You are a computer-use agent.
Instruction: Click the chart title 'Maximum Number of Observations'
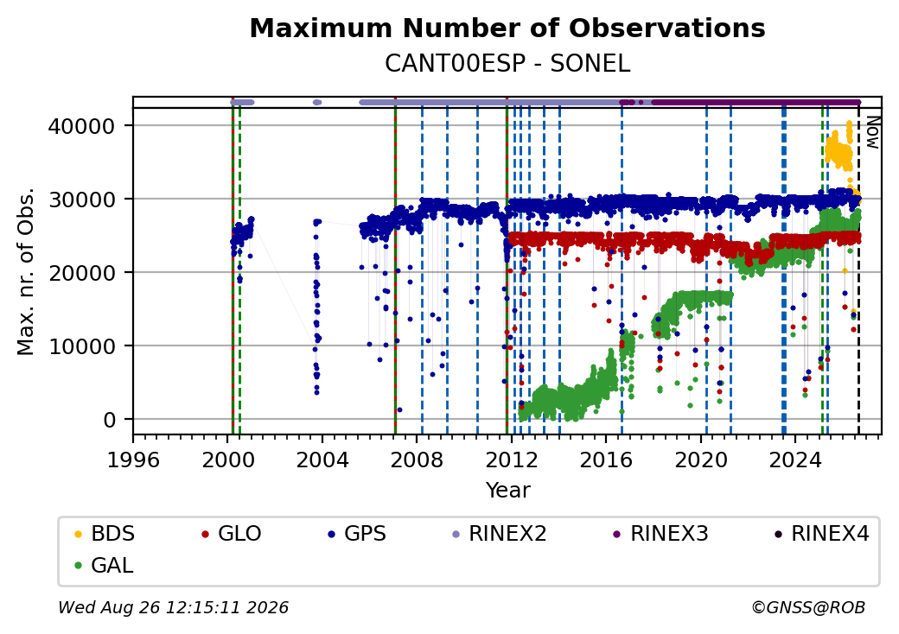tap(507, 28)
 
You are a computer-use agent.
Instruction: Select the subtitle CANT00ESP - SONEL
tap(507, 64)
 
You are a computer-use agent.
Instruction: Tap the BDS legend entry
tap(105, 534)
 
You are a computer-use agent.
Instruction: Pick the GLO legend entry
tap(232, 534)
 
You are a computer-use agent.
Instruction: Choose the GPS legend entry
tap(357, 534)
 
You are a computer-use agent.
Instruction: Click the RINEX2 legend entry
tap(500, 534)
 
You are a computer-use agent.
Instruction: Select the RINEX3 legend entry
tap(661, 534)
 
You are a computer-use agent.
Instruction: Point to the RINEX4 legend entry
tap(822, 534)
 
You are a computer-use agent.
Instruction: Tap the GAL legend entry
tap(105, 565)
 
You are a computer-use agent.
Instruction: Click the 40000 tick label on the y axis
tap(81, 126)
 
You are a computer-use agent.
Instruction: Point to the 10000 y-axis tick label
tap(81, 346)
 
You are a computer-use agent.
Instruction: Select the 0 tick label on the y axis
tap(110, 420)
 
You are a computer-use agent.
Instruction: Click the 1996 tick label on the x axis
tap(133, 460)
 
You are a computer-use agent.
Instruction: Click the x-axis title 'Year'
tap(508, 491)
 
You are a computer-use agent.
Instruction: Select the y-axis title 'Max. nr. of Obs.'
tap(26, 271)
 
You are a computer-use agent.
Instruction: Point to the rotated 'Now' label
tap(872, 132)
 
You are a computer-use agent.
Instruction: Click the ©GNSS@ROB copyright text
tap(808, 607)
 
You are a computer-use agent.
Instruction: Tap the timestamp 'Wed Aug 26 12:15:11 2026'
tap(174, 607)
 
